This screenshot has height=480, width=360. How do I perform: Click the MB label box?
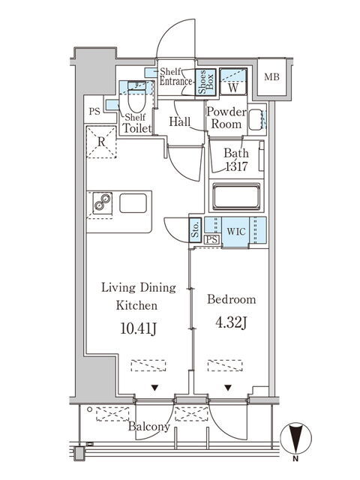click(271, 76)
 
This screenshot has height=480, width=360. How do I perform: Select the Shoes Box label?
click(205, 82)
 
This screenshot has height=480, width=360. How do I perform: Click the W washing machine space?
click(233, 82)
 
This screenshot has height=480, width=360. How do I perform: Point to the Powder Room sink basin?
click(256, 119)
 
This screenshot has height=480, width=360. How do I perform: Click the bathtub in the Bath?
click(236, 196)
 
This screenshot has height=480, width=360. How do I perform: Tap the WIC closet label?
click(236, 232)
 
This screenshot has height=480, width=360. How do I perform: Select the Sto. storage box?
click(195, 230)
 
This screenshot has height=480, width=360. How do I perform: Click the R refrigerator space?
click(101, 142)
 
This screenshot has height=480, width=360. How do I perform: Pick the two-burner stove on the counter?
click(102, 203)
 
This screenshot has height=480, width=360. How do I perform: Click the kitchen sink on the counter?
click(133, 203)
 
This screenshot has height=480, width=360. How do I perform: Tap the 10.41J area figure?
click(138, 328)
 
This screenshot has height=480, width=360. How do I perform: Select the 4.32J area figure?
click(231, 322)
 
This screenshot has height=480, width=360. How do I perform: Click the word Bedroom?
click(232, 299)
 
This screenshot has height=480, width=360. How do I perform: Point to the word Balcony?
click(148, 427)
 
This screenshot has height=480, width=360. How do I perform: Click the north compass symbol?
click(295, 438)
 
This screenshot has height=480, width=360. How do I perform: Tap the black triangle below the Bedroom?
click(228, 388)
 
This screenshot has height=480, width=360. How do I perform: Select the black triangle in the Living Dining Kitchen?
click(155, 388)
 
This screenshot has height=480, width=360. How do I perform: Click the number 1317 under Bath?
click(236, 166)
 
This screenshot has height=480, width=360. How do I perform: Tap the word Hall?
click(180, 121)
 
